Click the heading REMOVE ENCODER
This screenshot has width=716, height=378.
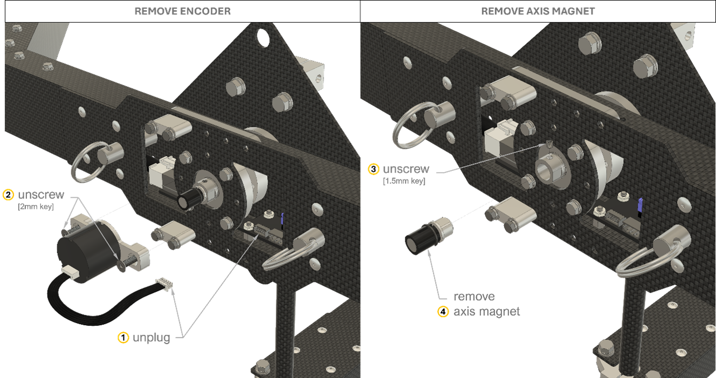coord(183,11)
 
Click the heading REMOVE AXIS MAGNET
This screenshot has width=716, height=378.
coord(538,11)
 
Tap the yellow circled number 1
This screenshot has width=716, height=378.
coord(123,338)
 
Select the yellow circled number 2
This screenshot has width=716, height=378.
coord(8,195)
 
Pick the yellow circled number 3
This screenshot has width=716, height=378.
coord(373,169)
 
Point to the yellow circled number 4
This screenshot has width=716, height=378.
coord(443,312)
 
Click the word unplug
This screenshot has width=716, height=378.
coord(151,338)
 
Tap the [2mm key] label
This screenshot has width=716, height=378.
coord(36,207)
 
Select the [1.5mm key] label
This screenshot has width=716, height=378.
coord(404,181)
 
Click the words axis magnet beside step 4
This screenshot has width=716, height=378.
coord(486,312)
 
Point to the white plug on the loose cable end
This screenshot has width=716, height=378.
coord(164,284)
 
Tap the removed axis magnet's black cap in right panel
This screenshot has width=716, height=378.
coord(419,239)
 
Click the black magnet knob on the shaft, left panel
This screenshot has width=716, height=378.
coord(188,199)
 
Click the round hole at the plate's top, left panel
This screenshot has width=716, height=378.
coord(263,38)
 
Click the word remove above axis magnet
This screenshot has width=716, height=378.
coord(474,297)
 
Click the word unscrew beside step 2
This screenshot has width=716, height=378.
coord(41,195)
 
